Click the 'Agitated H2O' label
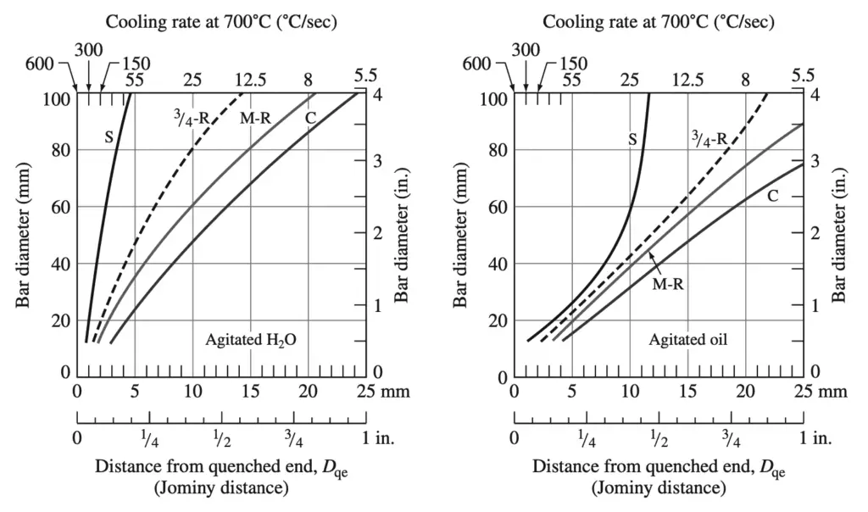[255, 340]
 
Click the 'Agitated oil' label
[688, 340]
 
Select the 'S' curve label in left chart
[109, 133]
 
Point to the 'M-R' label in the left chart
[254, 119]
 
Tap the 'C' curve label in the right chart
[772, 197]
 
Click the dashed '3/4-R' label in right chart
[709, 139]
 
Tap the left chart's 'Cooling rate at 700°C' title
[221, 21]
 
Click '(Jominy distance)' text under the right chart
[658, 487]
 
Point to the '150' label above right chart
[573, 64]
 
